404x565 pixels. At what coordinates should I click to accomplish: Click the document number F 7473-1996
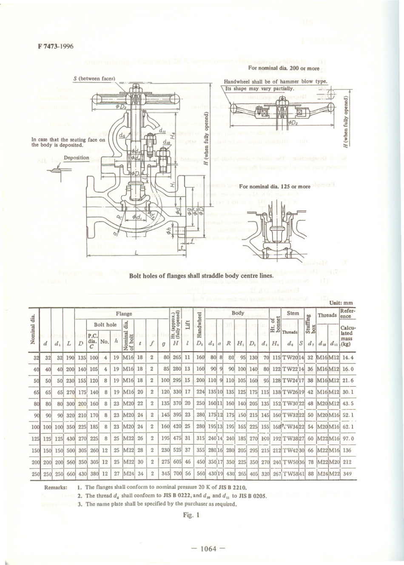click(x=53, y=46)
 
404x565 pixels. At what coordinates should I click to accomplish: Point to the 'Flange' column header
click(x=124, y=313)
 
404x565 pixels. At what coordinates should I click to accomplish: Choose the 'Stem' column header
click(x=293, y=313)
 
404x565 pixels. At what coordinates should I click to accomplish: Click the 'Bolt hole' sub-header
click(x=105, y=324)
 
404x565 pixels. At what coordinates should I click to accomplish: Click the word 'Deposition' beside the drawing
click(x=77, y=158)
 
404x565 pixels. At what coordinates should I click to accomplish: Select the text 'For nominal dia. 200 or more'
click(x=284, y=68)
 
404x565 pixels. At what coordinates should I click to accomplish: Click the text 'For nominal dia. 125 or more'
click(x=275, y=186)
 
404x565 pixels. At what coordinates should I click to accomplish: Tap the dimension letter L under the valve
click(x=136, y=253)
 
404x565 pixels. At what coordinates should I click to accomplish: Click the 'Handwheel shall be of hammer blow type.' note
click(x=276, y=81)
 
